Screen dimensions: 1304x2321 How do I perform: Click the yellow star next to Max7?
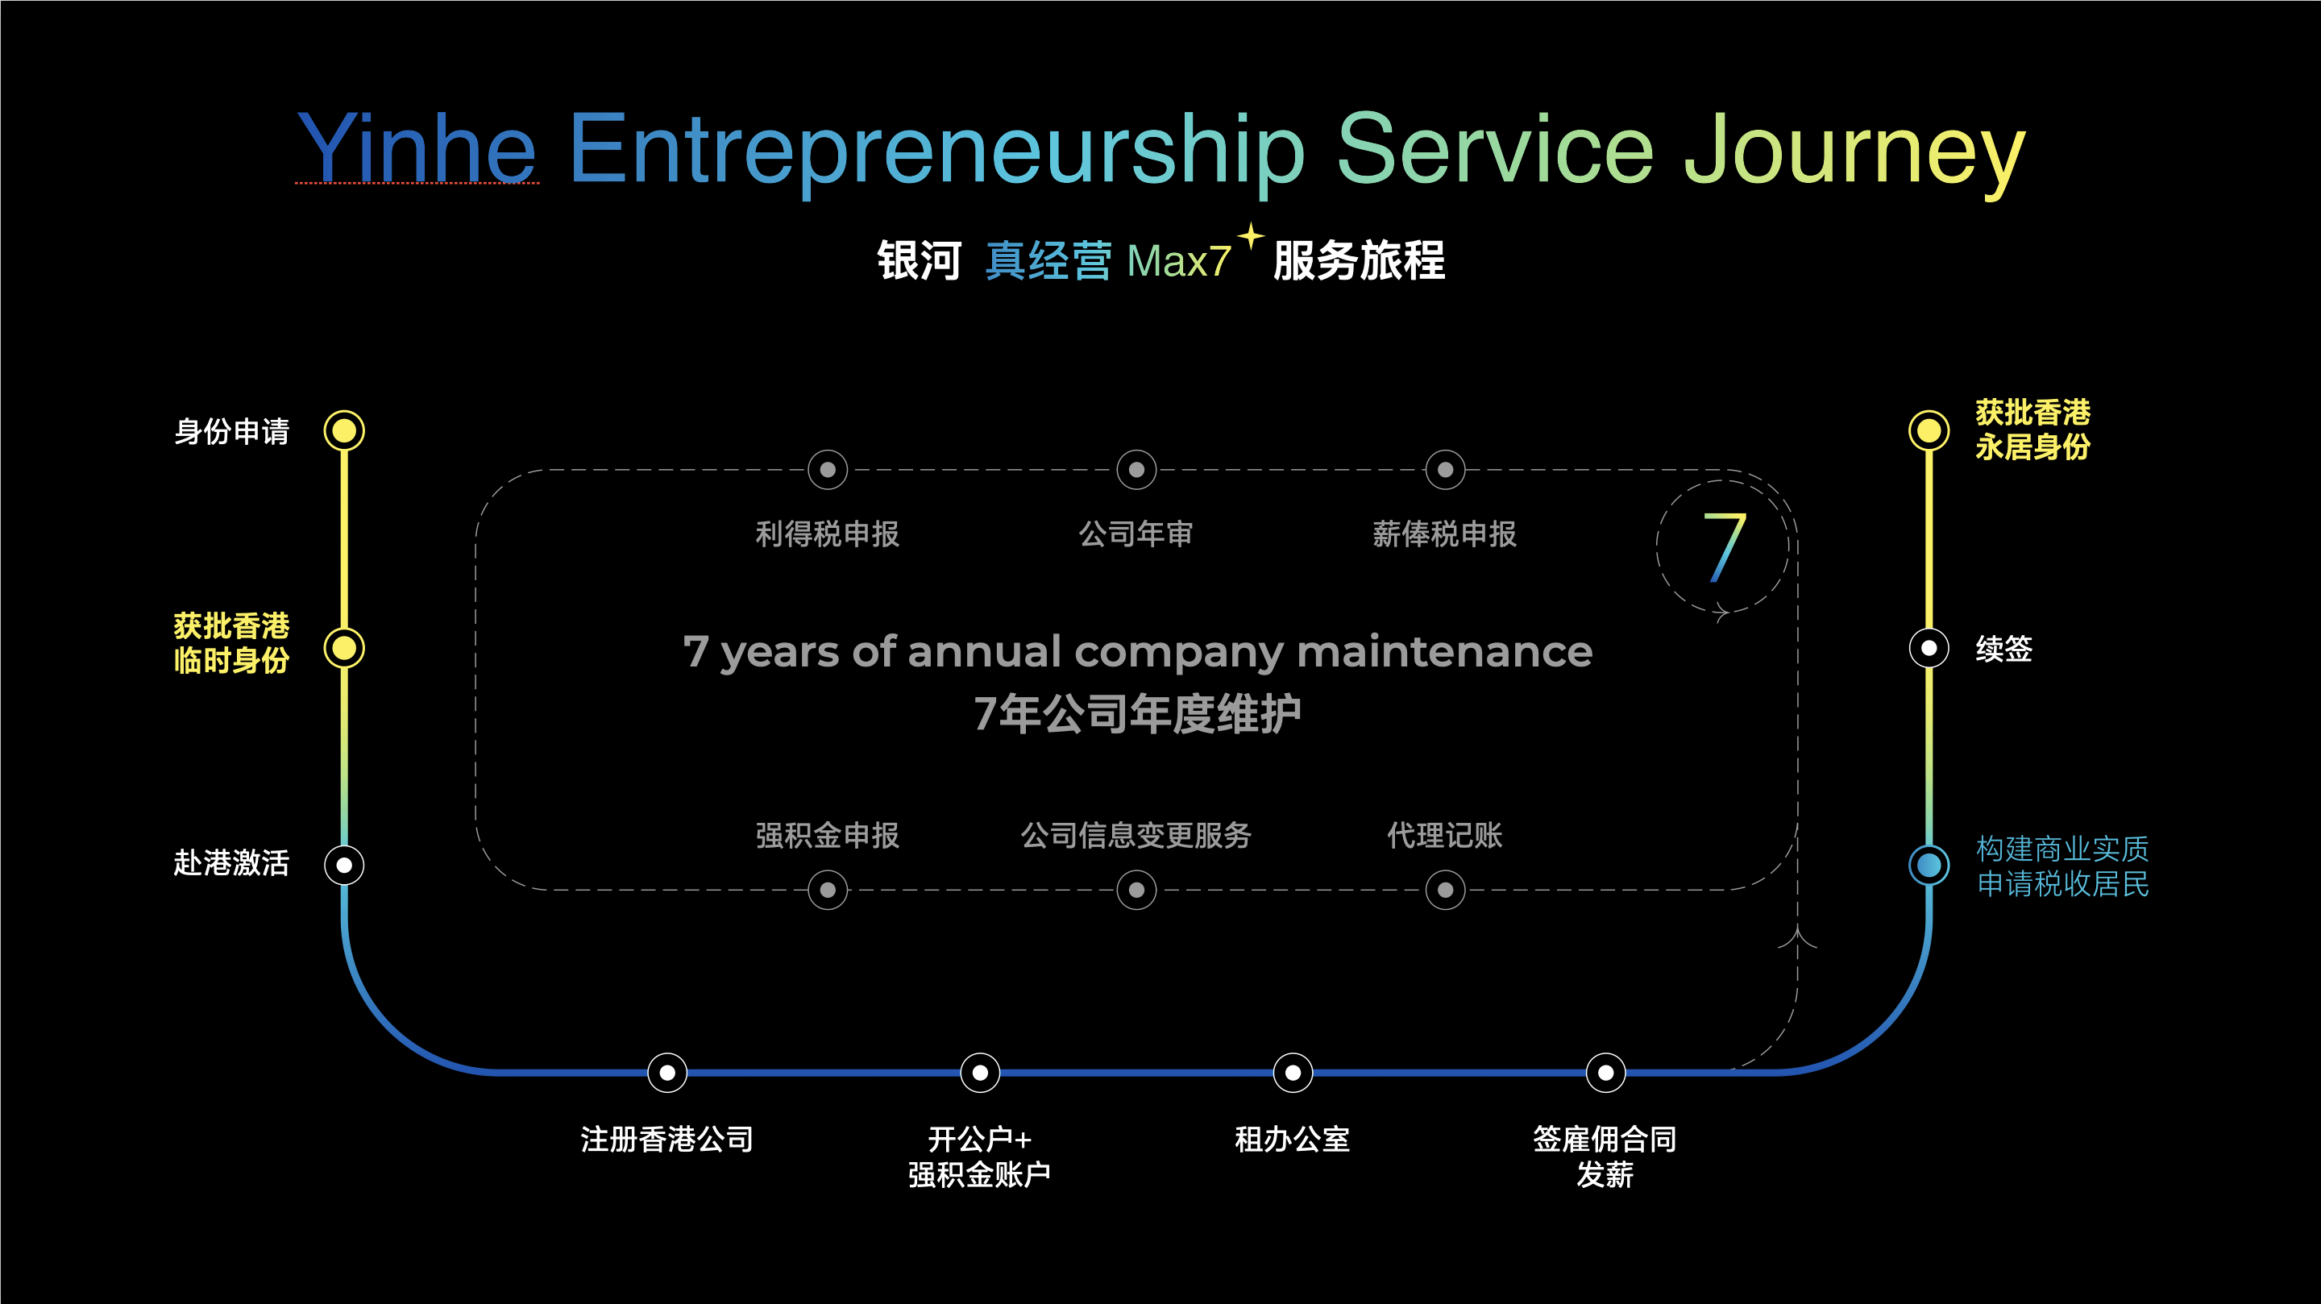point(1251,236)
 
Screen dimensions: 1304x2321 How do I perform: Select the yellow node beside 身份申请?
point(344,430)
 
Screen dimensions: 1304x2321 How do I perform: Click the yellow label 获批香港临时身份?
point(231,643)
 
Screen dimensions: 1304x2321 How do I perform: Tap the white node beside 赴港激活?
point(344,865)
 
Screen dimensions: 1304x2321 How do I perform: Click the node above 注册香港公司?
point(666,1073)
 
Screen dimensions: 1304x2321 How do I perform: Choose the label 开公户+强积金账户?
point(979,1157)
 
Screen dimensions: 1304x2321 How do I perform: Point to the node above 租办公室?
point(1293,1073)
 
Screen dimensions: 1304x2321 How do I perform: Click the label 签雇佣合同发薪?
point(1605,1157)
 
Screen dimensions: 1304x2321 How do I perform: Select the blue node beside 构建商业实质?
point(1929,865)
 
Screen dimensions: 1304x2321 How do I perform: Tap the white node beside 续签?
point(1929,648)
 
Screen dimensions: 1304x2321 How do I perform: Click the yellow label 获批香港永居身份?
point(2032,430)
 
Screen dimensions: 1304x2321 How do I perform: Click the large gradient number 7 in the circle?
point(1725,547)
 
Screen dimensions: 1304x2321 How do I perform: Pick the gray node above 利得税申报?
point(827,470)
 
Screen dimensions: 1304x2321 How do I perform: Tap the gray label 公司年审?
point(1136,534)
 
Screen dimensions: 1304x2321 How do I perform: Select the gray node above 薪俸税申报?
point(1445,470)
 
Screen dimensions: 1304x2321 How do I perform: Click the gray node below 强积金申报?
point(827,891)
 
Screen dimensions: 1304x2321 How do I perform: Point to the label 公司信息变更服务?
point(1136,836)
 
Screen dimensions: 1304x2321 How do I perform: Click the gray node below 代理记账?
point(1445,891)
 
